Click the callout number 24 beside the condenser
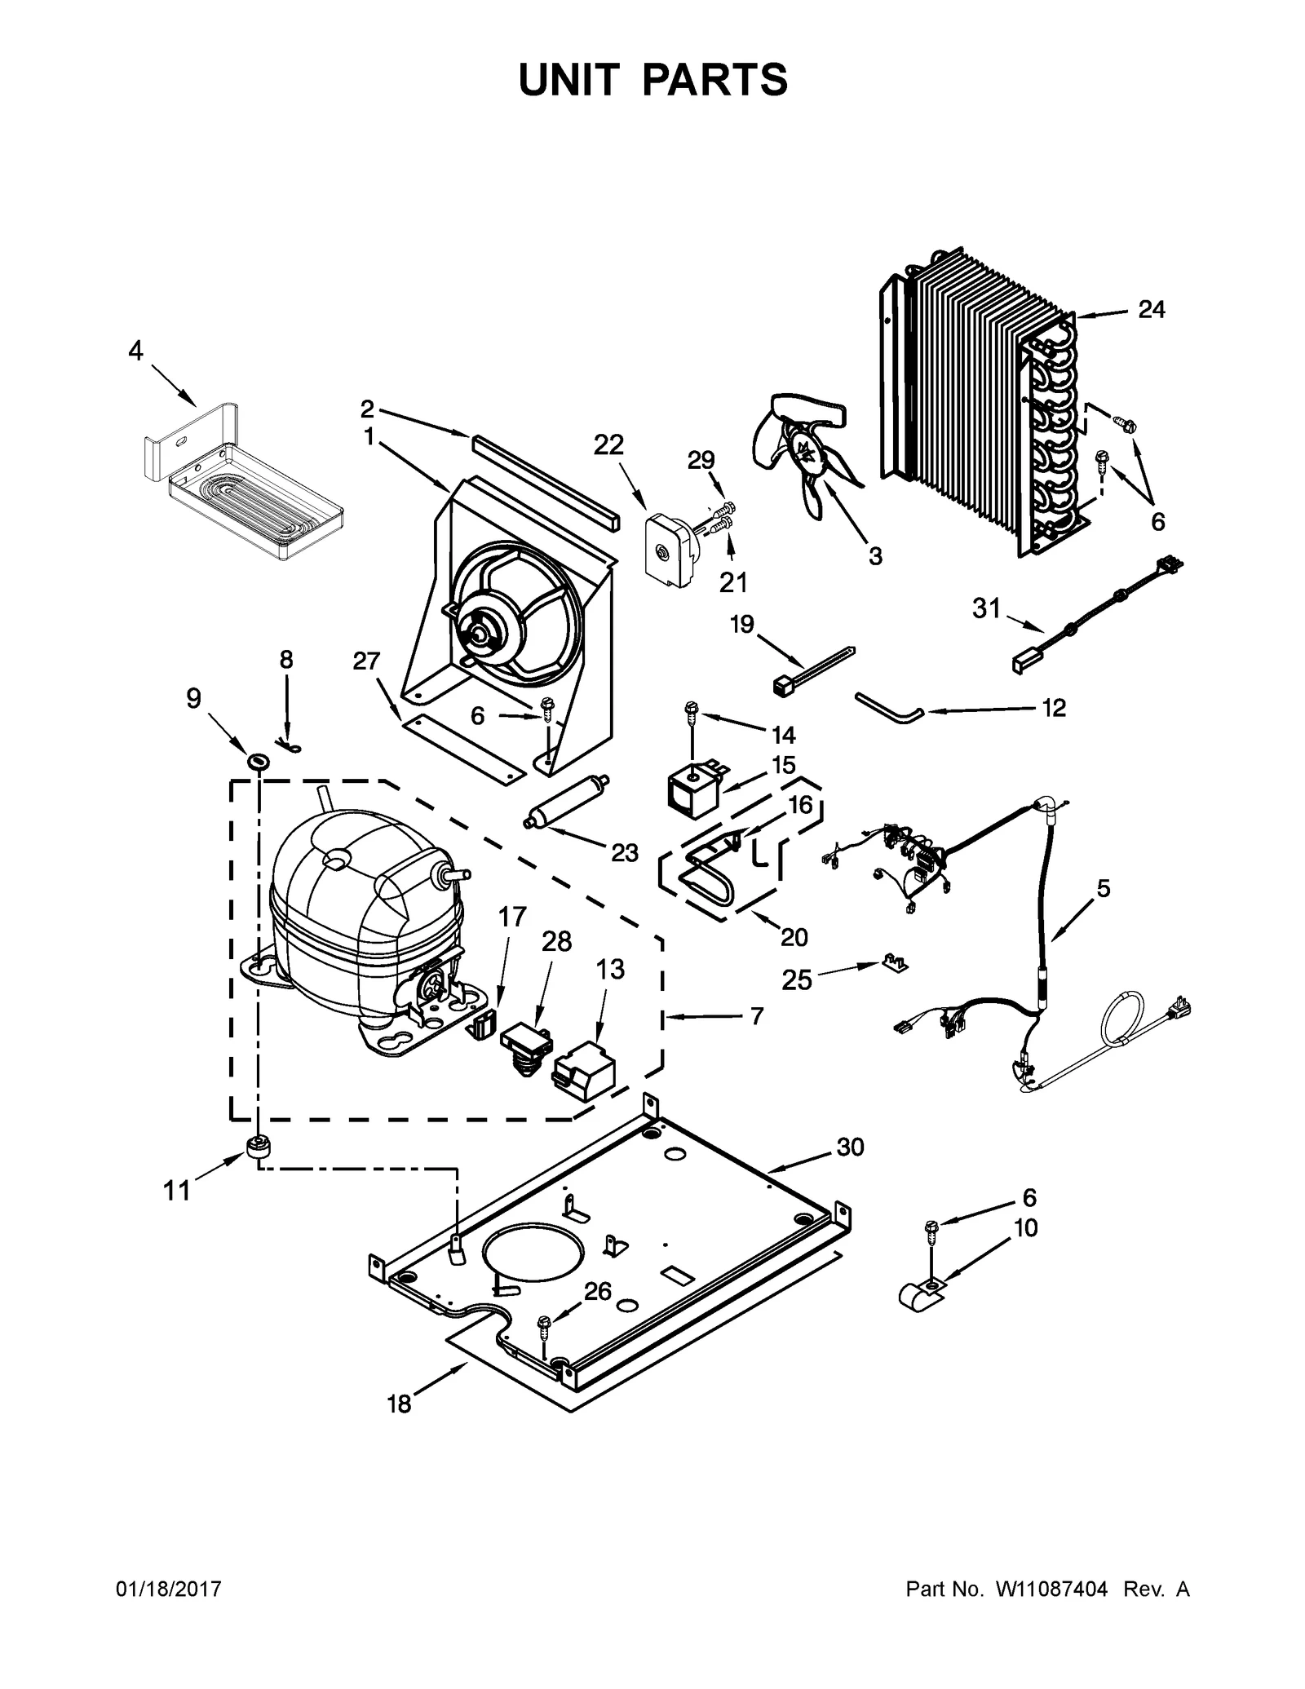point(1151,309)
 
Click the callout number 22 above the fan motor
point(608,444)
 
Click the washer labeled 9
point(259,762)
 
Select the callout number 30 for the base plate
point(850,1147)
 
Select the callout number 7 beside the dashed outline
point(757,1016)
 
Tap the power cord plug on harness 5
point(1177,1012)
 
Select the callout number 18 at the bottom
point(399,1404)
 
